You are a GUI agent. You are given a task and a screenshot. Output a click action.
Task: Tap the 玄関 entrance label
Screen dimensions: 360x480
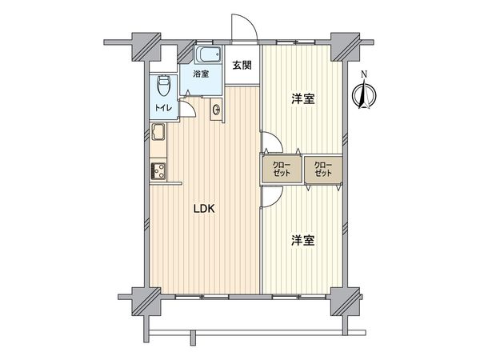[242, 66]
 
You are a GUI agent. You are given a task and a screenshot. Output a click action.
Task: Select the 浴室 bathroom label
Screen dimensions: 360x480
[200, 74]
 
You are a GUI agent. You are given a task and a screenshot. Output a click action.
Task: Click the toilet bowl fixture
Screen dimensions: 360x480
[163, 82]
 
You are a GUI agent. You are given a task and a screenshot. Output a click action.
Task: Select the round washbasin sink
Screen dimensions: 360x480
[217, 110]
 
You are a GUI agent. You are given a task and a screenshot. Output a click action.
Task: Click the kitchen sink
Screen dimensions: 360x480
[158, 134]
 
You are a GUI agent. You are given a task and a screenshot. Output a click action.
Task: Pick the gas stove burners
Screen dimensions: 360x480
[157, 170]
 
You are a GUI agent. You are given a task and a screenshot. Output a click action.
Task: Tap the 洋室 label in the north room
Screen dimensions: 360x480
[302, 99]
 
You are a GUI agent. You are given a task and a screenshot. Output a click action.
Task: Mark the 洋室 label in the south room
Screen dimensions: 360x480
[302, 239]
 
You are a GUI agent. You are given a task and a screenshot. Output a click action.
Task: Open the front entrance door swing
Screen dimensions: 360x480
[242, 28]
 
